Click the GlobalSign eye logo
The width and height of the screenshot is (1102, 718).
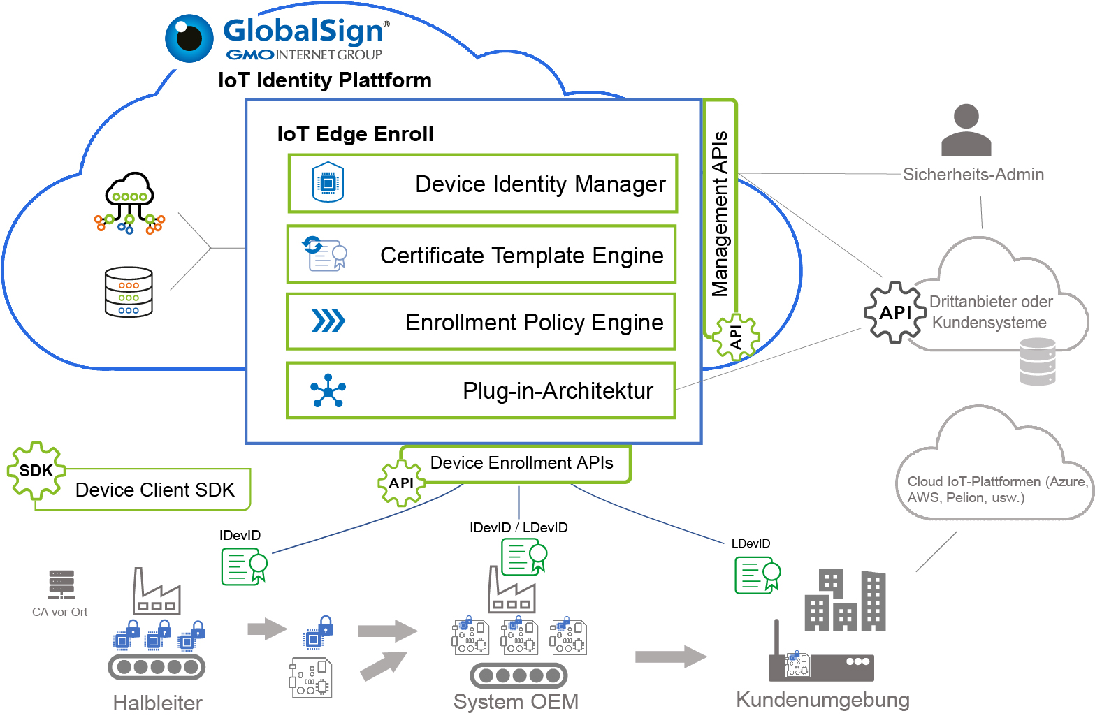coord(189,38)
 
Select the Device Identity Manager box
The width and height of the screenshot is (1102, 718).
coord(483,184)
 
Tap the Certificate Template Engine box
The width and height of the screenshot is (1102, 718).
coord(481,255)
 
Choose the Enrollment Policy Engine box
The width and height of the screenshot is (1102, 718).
coord(481,322)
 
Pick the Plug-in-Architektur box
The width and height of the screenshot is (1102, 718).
coord(481,390)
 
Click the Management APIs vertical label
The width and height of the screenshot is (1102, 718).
coord(720,213)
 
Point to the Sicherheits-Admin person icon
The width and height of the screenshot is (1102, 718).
coord(966,131)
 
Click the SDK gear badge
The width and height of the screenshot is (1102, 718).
coord(36,471)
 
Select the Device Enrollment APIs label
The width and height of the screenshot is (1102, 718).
coord(521,463)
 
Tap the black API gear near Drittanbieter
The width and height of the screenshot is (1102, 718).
coord(894,312)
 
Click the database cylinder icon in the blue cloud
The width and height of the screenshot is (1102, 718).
coord(129,292)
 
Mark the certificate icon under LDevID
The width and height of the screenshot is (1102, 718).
coord(757,576)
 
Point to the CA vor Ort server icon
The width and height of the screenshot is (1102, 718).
coord(61,585)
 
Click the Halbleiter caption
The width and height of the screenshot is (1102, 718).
coord(158,703)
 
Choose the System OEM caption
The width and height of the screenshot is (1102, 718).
coord(516,701)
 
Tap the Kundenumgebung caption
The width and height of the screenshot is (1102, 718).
coord(822,700)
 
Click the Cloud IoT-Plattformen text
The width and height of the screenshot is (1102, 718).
coord(996,490)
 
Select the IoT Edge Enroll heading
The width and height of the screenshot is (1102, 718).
coord(355,133)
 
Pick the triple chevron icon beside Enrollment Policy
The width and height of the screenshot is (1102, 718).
coord(328,321)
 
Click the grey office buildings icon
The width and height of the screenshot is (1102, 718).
coord(846,601)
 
